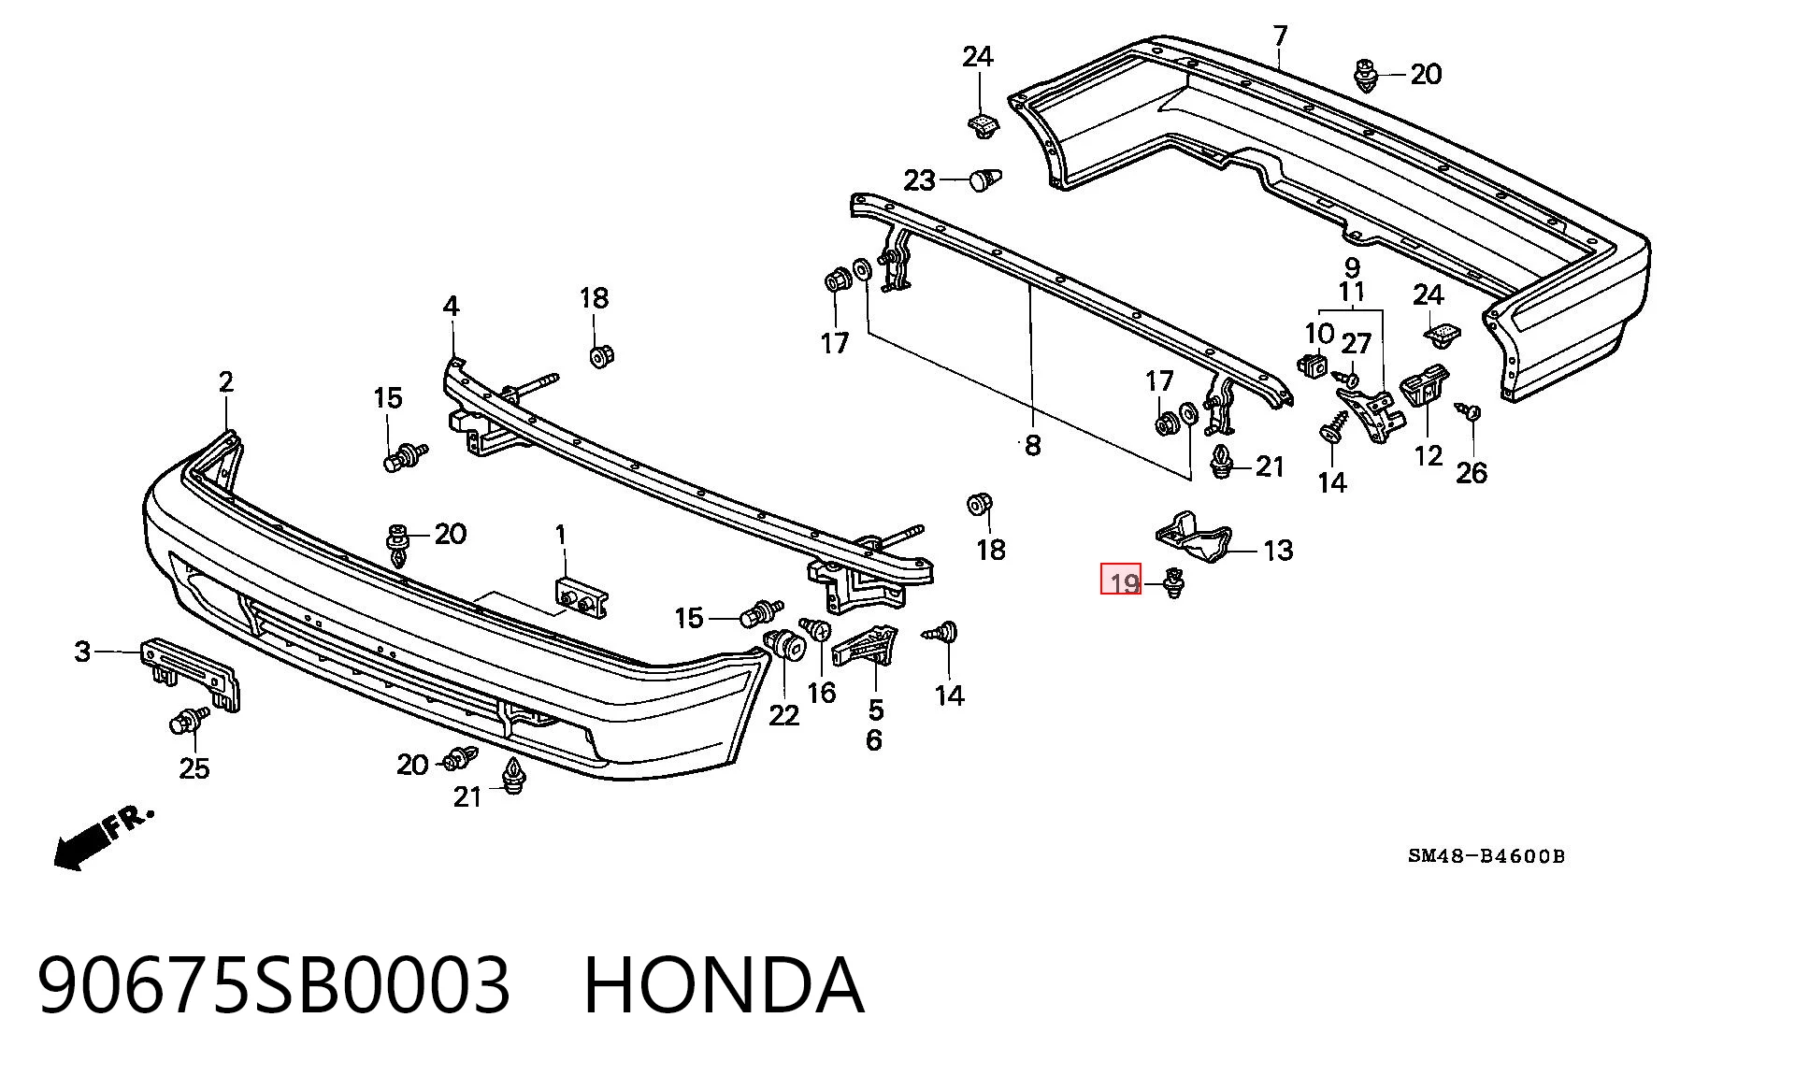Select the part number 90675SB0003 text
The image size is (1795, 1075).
click(275, 984)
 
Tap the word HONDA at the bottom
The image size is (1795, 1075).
click(724, 984)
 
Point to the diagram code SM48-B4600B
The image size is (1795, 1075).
click(1486, 855)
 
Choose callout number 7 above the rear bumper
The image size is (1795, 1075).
click(1280, 36)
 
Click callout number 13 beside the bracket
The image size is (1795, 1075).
click(1278, 550)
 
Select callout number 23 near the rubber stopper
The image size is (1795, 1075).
click(920, 179)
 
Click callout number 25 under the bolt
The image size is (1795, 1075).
click(194, 768)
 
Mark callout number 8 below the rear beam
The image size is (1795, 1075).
click(1032, 445)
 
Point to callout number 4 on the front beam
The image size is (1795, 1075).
click(452, 306)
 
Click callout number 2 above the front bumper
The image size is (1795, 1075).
click(226, 381)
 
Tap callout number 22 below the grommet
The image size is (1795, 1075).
click(784, 715)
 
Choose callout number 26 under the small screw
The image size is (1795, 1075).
click(1472, 473)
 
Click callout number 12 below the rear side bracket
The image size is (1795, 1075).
click(1429, 455)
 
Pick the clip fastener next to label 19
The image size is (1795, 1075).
click(1172, 582)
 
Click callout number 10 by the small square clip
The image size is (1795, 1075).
click(1319, 334)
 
